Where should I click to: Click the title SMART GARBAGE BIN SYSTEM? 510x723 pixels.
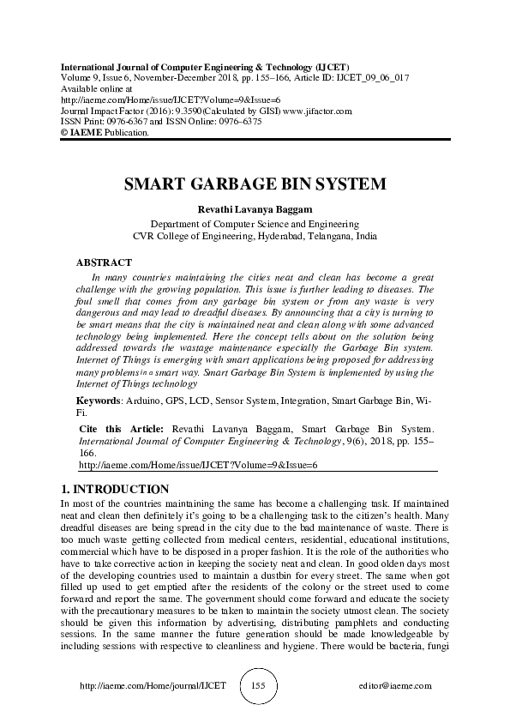pyautogui.click(x=254, y=184)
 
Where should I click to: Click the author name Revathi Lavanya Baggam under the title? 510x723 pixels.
pyautogui.click(x=255, y=208)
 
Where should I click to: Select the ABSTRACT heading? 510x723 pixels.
pyautogui.click(x=104, y=262)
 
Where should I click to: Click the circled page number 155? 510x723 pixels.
pyautogui.click(x=255, y=688)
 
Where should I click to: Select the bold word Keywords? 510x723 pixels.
pyautogui.click(x=98, y=401)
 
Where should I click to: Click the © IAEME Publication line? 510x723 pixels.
pyautogui.click(x=105, y=134)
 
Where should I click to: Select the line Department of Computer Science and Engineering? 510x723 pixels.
pyautogui.click(x=255, y=221)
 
